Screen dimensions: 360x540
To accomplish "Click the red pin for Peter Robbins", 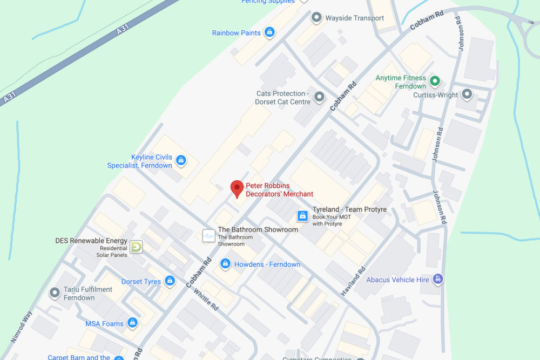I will pyautogui.click(x=237, y=189).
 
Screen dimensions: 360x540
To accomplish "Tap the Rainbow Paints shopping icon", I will pyautogui.click(x=269, y=33).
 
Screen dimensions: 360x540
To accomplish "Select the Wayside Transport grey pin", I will pyautogui.click(x=316, y=18).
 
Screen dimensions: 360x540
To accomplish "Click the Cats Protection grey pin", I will pyautogui.click(x=320, y=97).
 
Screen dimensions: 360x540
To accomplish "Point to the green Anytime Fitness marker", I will pyautogui.click(x=435, y=82).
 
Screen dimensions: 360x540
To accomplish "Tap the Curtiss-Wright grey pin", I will pyautogui.click(x=467, y=95).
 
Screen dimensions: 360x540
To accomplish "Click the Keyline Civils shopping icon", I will pyautogui.click(x=181, y=160).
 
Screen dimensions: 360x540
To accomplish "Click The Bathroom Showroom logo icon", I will pyautogui.click(x=208, y=235).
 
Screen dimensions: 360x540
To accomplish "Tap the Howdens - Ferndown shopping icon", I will pyautogui.click(x=225, y=264).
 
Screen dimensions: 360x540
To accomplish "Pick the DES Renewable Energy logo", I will pyautogui.click(x=136, y=247).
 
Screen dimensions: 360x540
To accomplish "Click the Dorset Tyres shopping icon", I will pyautogui.click(x=170, y=281).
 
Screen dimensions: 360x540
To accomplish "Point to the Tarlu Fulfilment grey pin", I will pyautogui.click(x=55, y=293).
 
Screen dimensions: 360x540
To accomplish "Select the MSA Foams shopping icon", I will pyautogui.click(x=132, y=323).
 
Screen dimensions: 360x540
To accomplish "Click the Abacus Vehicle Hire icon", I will pyautogui.click(x=438, y=280).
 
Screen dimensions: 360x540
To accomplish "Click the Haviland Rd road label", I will pyautogui.click(x=353, y=281).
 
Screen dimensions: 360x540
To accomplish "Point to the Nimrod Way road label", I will pyautogui.click(x=22, y=327).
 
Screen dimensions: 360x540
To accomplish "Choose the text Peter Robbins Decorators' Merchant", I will pyautogui.click(x=279, y=190).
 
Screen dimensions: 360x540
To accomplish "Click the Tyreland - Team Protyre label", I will pyautogui.click(x=349, y=209).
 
